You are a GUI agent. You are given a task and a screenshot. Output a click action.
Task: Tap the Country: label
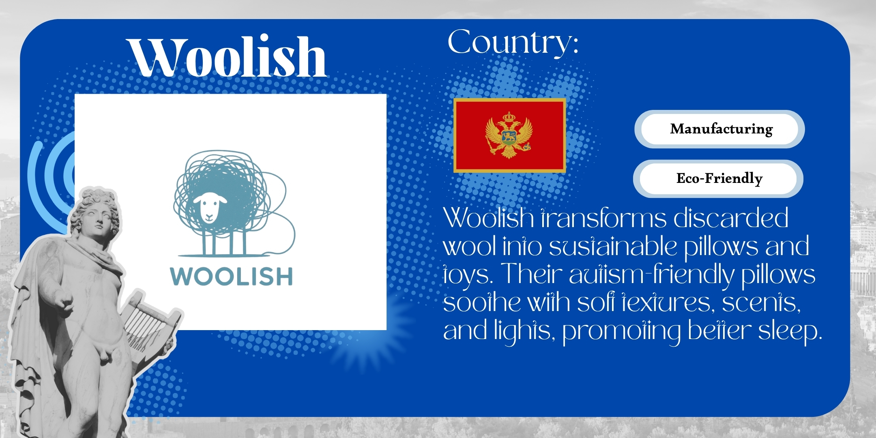click(513, 42)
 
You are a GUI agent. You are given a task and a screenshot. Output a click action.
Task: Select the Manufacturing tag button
click(720, 129)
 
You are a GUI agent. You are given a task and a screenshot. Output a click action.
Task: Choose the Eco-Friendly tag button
click(718, 178)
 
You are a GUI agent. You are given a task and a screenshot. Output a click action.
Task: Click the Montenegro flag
click(509, 135)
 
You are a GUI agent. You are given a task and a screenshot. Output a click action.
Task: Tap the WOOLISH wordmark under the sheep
click(231, 277)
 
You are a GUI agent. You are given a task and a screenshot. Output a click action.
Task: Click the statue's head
click(95, 213)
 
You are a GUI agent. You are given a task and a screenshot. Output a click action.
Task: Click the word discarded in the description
click(731, 218)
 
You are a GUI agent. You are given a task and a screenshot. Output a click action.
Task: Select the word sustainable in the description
click(613, 246)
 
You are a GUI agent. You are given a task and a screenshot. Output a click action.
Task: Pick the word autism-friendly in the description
click(651, 274)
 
